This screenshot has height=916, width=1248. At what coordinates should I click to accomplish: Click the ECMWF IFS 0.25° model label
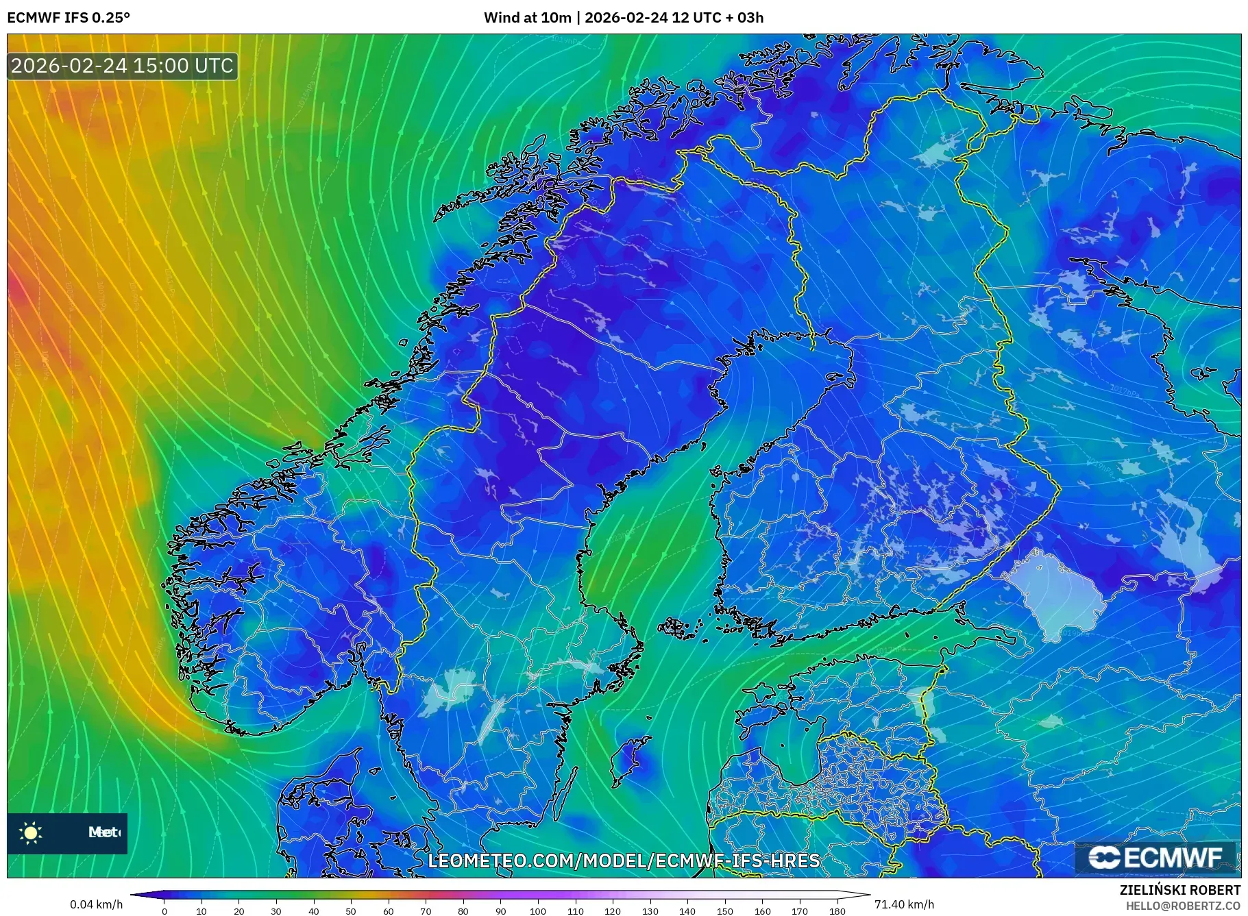point(69,17)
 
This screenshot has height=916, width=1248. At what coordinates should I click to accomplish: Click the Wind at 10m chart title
point(623,17)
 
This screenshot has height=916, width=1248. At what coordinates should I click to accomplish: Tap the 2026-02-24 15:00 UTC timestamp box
point(123,66)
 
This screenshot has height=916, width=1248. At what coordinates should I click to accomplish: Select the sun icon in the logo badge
point(31,832)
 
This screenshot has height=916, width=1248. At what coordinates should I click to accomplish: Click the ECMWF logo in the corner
point(1155,857)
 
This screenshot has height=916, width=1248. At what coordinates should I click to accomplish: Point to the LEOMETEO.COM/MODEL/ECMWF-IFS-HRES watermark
point(624,861)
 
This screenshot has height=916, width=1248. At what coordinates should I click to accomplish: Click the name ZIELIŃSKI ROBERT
point(1179,890)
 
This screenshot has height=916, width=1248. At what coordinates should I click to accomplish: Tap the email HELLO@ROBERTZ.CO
point(1182,906)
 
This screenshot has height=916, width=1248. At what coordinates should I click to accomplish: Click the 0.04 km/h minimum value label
point(97,904)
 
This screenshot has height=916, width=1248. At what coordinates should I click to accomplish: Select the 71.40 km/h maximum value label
point(904,904)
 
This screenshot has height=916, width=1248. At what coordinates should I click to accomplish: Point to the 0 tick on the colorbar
point(164,911)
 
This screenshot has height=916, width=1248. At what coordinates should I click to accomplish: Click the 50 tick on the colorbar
point(351,911)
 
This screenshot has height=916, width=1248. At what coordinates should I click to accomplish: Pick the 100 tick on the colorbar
point(538,911)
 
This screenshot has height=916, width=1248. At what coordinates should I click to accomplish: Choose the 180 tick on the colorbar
point(837,911)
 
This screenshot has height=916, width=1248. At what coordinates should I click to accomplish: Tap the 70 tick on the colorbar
point(426,911)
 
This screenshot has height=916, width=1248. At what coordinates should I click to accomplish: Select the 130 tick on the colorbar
point(650,911)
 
